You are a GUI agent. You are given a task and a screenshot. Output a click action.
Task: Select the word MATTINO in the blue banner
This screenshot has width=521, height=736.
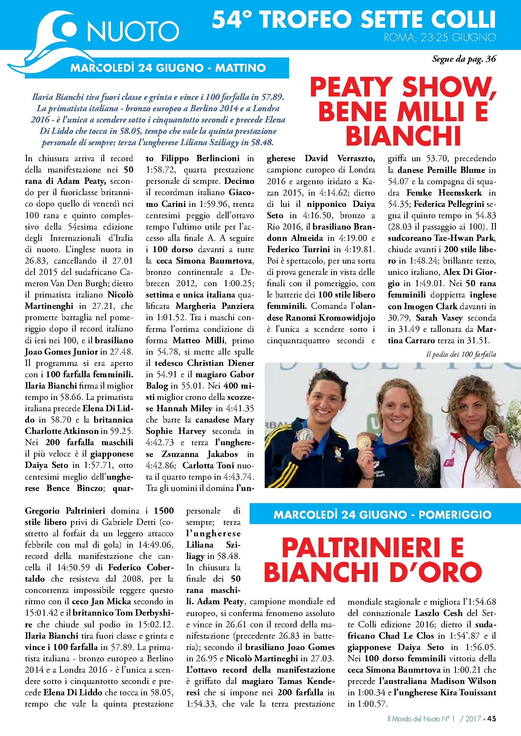240,68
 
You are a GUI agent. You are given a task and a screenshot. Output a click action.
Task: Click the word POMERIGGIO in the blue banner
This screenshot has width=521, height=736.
455,515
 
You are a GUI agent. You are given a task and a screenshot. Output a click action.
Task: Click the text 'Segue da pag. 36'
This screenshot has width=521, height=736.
464,59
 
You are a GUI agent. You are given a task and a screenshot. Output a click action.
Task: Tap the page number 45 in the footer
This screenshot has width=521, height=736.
492,718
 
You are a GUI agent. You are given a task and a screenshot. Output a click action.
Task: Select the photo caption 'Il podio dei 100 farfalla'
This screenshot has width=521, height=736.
461,355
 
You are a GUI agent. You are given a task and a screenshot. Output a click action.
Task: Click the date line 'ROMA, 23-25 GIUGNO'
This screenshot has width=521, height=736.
439,37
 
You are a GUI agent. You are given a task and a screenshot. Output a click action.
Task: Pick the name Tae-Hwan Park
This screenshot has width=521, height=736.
465,238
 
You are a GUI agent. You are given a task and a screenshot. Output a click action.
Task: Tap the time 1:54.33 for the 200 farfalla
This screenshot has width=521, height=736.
201,704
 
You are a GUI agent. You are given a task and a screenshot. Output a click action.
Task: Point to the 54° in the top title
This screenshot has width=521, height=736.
232,20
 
